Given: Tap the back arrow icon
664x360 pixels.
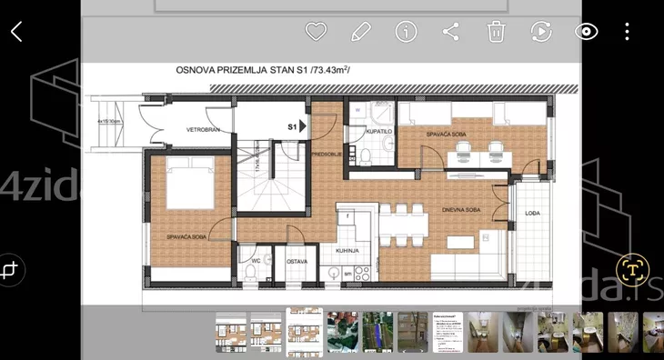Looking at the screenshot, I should (x=16, y=32).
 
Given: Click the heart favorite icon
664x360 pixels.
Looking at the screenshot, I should (x=315, y=32).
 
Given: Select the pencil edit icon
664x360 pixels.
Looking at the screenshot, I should (x=361, y=32).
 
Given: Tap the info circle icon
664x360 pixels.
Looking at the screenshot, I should (x=406, y=32).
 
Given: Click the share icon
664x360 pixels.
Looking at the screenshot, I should (x=450, y=32).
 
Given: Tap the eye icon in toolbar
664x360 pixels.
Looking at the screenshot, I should (x=587, y=32).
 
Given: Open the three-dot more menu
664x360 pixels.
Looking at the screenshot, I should (x=627, y=32).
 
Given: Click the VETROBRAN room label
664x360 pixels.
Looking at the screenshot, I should (x=204, y=130).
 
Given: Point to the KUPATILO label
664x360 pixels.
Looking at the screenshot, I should (x=378, y=132).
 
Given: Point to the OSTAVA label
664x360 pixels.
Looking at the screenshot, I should (x=297, y=263).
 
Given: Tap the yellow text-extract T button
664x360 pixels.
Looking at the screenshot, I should (x=630, y=269).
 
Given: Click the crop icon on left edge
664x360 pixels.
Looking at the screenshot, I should (x=12, y=270).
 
